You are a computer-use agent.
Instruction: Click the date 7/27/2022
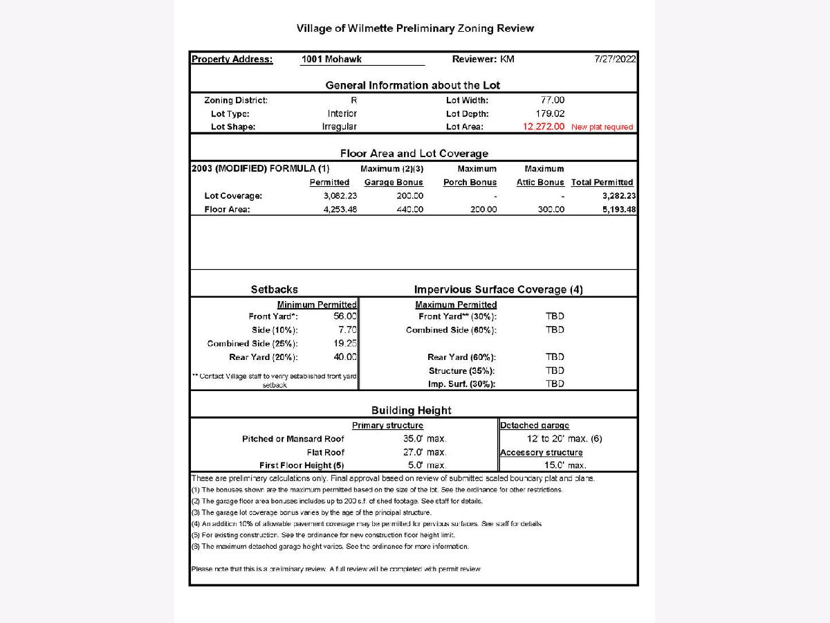[x=615, y=60]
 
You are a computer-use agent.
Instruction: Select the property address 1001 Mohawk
[x=331, y=60]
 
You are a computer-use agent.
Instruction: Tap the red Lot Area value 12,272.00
[x=544, y=127]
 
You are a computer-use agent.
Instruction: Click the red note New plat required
[x=602, y=127]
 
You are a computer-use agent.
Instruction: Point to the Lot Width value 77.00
[x=553, y=100]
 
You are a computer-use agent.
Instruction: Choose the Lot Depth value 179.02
[x=551, y=114]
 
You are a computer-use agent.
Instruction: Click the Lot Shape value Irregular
[x=340, y=127]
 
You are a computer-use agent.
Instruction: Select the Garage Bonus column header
[x=394, y=182]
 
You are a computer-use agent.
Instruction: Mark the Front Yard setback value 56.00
[x=345, y=316]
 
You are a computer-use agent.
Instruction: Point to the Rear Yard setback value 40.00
[x=345, y=357]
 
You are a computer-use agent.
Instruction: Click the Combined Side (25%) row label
[x=252, y=343]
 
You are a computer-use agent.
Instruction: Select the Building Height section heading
[x=412, y=410]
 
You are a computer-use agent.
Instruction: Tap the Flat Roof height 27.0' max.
[x=425, y=452]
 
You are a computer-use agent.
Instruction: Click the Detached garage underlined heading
[x=535, y=426]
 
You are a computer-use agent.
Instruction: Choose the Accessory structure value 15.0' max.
[x=565, y=465]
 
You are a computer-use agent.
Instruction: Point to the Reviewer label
[x=474, y=60]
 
